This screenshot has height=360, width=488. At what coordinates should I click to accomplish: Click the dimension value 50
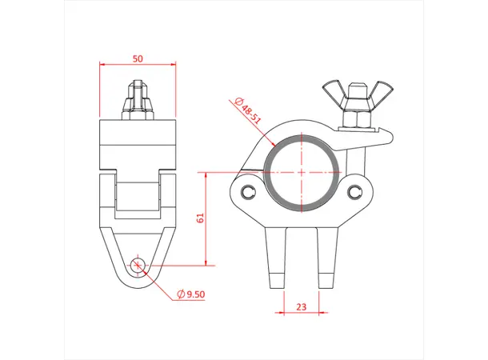(138, 59)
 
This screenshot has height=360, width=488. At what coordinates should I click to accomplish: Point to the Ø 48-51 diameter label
(246, 110)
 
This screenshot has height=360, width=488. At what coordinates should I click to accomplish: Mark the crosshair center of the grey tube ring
(302, 172)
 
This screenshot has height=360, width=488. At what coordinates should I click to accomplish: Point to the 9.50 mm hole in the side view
(138, 265)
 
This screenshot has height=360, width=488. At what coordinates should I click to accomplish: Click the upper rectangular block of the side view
(138, 142)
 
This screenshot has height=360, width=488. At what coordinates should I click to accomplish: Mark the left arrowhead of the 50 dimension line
(102, 66)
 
